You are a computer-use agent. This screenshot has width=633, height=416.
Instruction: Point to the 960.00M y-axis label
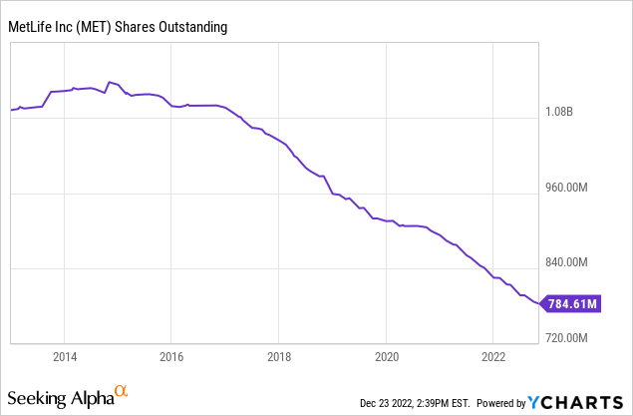pyautogui.click(x=576, y=188)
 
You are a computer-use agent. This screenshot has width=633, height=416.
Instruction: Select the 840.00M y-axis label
pyautogui.click(x=576, y=262)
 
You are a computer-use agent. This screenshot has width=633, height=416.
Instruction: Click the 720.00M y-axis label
pyautogui.click(x=576, y=337)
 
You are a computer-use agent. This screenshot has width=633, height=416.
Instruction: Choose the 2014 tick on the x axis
pyautogui.click(x=64, y=356)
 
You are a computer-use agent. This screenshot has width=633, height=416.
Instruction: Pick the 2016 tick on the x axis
pyautogui.click(x=171, y=356)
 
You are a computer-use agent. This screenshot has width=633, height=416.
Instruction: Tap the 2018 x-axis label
pyautogui.click(x=279, y=356)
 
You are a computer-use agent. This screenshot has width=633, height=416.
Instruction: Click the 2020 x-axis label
pyautogui.click(x=387, y=356)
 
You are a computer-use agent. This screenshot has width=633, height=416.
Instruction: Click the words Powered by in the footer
pyautogui.click(x=500, y=403)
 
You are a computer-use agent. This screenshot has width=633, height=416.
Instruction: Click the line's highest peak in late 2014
pyautogui.click(x=110, y=81)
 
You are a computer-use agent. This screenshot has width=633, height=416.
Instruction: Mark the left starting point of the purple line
pyautogui.click(x=11, y=110)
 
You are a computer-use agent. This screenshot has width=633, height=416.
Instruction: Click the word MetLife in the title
pyautogui.click(x=31, y=27)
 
